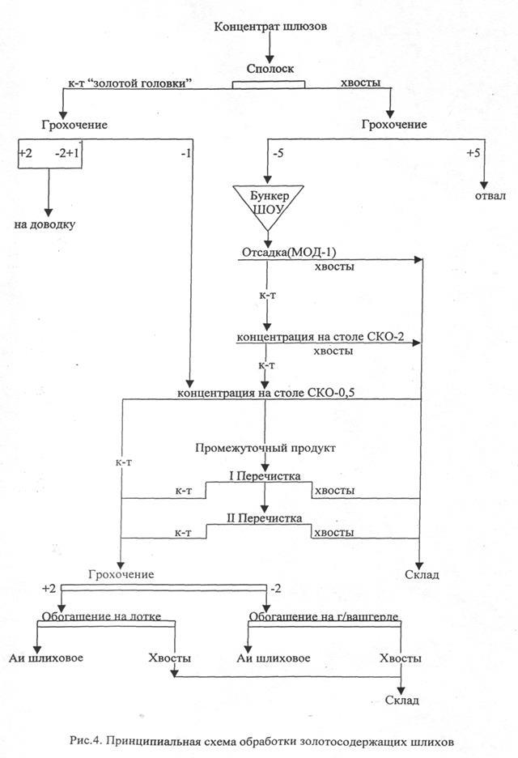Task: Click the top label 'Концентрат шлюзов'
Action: (x=270, y=27)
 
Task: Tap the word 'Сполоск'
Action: (x=269, y=70)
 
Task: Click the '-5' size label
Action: (x=277, y=152)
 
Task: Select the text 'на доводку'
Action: (x=45, y=224)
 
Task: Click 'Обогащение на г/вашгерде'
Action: (x=324, y=616)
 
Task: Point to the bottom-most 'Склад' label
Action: (x=401, y=700)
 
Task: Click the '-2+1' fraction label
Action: (x=67, y=152)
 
